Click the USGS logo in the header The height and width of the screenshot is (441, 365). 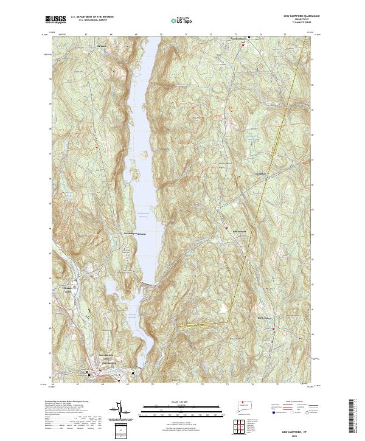55,19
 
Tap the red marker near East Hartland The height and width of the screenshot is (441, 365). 244,45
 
